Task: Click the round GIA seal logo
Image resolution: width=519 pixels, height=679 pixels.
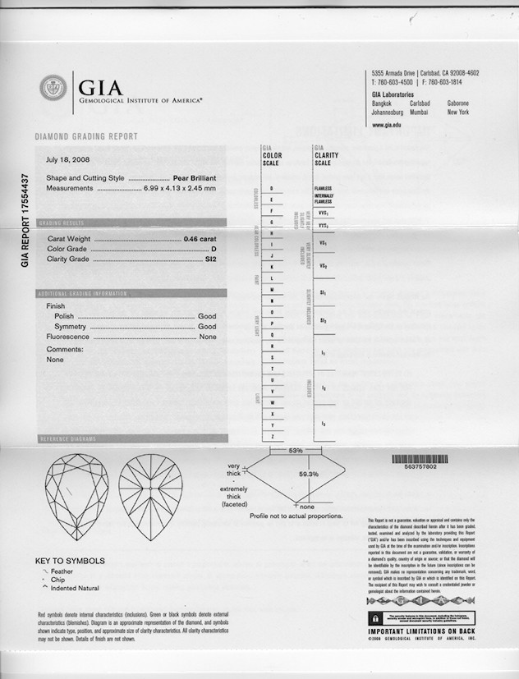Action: click(53, 88)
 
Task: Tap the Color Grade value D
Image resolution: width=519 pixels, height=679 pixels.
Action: click(214, 249)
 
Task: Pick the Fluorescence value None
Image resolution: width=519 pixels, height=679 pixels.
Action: click(208, 337)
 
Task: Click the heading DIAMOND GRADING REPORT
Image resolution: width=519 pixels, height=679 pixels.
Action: click(86, 136)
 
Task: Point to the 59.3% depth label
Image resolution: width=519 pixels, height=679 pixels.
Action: click(308, 475)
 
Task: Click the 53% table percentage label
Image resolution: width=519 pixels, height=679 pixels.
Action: click(296, 451)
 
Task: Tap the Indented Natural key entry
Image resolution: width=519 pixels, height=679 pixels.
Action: click(78, 588)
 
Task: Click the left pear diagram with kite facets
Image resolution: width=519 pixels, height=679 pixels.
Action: click(76, 497)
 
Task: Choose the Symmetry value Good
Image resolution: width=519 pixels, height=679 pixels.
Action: click(208, 327)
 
